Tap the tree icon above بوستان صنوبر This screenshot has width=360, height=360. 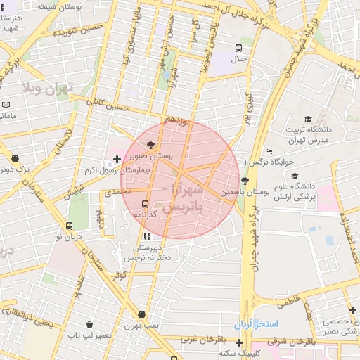(x=152, y=145)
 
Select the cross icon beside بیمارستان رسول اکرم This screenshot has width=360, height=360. (x=117, y=160)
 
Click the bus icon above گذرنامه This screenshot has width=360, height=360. (x=146, y=204)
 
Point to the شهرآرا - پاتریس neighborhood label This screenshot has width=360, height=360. (x=183, y=199)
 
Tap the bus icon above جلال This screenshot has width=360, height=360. (x=239, y=49)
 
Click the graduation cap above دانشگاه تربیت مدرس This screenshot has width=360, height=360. (x=307, y=120)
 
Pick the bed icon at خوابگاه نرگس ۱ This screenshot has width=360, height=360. (x=269, y=151)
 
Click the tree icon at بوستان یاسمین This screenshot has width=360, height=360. (x=244, y=181)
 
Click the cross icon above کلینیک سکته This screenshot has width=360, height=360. (x=240, y=342)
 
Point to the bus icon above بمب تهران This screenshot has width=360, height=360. (x=142, y=314)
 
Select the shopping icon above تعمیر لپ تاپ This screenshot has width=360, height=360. (x=89, y=324)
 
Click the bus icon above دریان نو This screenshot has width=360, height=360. (x=69, y=226)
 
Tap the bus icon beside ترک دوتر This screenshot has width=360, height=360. (x=15, y=159)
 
